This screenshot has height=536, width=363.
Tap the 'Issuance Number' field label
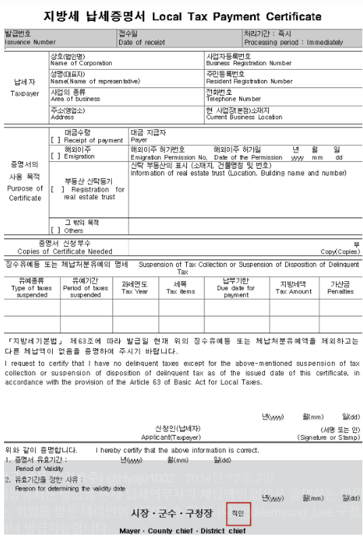pyautogui.click(x=30, y=42)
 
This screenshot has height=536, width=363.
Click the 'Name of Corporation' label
pyautogui.click(x=81, y=63)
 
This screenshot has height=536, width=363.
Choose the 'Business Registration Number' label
pyautogui.click(x=249, y=63)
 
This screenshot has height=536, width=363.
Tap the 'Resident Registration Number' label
pyautogui.click(x=249, y=81)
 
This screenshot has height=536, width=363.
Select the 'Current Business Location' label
pyautogui.click(x=244, y=117)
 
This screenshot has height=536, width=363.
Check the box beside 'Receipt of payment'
pyautogui.click(x=56, y=140)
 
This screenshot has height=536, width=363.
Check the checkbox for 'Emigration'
pyautogui.click(x=56, y=156)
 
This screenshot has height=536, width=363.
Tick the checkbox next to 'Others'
pyautogui.click(x=56, y=230)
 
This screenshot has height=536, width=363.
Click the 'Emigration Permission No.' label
pyautogui.click(x=163, y=157)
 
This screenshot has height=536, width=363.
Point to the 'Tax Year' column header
pyautogui.click(x=135, y=291)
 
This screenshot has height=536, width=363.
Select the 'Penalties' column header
pyautogui.click(x=341, y=291)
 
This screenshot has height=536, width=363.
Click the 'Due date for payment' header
pyautogui.click(x=236, y=291)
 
